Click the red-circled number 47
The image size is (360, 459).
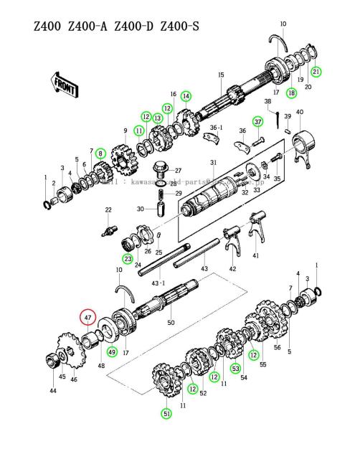[x=87, y=316]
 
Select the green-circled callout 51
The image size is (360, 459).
[x=167, y=413]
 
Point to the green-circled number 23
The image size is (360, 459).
[x=128, y=258]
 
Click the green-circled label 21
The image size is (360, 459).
[x=316, y=71]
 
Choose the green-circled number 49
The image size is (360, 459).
[x=112, y=351]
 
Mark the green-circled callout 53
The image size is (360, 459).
[x=235, y=369]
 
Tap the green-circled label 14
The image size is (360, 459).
[x=186, y=96]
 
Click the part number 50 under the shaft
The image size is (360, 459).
[x=171, y=323]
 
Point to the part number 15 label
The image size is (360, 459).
[x=222, y=75]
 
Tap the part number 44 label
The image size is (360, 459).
[x=52, y=391]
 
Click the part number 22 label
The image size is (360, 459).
[x=108, y=209]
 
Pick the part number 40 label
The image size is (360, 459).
[x=300, y=112]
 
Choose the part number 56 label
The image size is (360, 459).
[x=276, y=346]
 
